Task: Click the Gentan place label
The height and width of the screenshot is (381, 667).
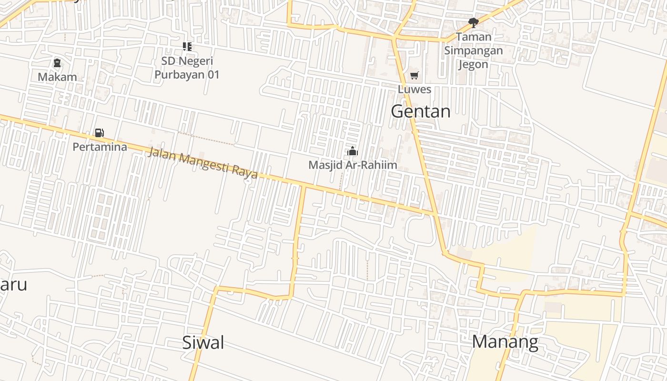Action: [420, 111]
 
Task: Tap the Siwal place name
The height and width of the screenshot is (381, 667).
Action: [203, 342]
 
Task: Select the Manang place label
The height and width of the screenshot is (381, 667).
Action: [505, 342]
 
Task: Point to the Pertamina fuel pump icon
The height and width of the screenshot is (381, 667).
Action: [100, 133]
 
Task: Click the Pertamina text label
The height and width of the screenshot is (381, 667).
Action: [100, 147]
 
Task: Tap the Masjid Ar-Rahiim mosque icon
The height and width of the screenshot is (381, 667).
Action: [353, 151]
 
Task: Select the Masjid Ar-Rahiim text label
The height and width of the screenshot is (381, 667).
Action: [353, 165]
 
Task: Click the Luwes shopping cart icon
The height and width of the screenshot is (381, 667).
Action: [414, 76]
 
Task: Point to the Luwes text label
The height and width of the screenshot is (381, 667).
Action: [414, 90]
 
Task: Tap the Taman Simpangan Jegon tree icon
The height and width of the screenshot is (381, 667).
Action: [473, 22]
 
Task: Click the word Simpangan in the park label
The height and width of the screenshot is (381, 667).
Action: [473, 50]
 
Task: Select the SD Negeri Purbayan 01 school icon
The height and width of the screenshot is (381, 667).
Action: [187, 47]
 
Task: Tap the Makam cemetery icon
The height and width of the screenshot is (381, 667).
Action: [57, 63]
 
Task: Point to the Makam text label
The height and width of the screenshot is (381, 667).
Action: [57, 77]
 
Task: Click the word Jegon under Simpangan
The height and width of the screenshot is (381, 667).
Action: [473, 64]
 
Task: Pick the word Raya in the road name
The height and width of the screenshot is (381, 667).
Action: [245, 171]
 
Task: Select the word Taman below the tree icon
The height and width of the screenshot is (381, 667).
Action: [473, 37]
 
